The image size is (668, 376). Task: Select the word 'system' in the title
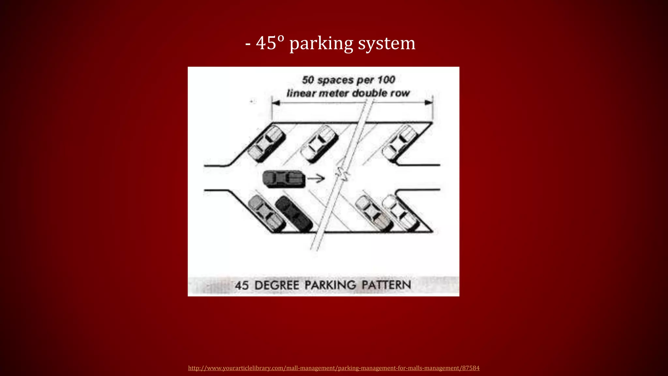tap(387, 43)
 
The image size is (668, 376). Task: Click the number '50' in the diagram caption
tap(308, 80)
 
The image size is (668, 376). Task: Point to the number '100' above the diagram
tap(386, 80)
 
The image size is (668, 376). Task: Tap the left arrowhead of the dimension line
tap(276, 103)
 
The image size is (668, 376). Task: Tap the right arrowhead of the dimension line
tap(429, 103)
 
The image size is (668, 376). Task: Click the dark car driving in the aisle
tap(284, 179)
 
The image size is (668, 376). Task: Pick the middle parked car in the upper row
tap(319, 144)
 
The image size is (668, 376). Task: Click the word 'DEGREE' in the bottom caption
tap(277, 285)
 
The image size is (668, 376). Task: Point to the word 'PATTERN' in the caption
tap(386, 285)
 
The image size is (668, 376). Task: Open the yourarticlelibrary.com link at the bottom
tap(334, 368)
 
